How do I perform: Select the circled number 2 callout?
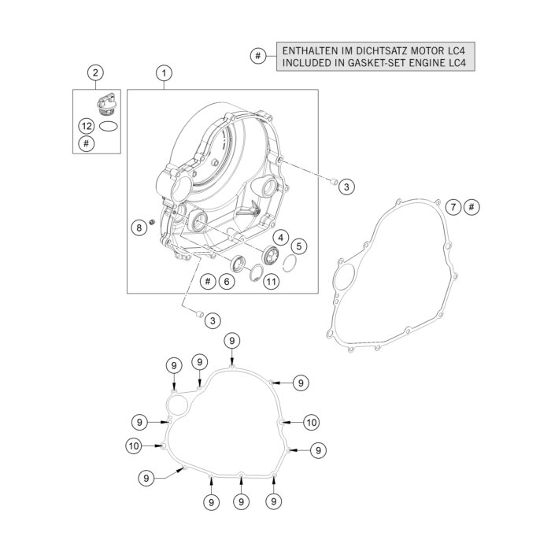[95, 73]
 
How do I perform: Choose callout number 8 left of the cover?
[139, 227]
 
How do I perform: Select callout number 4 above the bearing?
[279, 237]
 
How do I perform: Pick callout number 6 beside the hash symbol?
[227, 281]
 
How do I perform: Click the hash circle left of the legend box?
[257, 56]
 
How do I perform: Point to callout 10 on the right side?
[312, 423]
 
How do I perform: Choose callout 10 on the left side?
[134, 446]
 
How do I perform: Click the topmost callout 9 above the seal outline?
[231, 340]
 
